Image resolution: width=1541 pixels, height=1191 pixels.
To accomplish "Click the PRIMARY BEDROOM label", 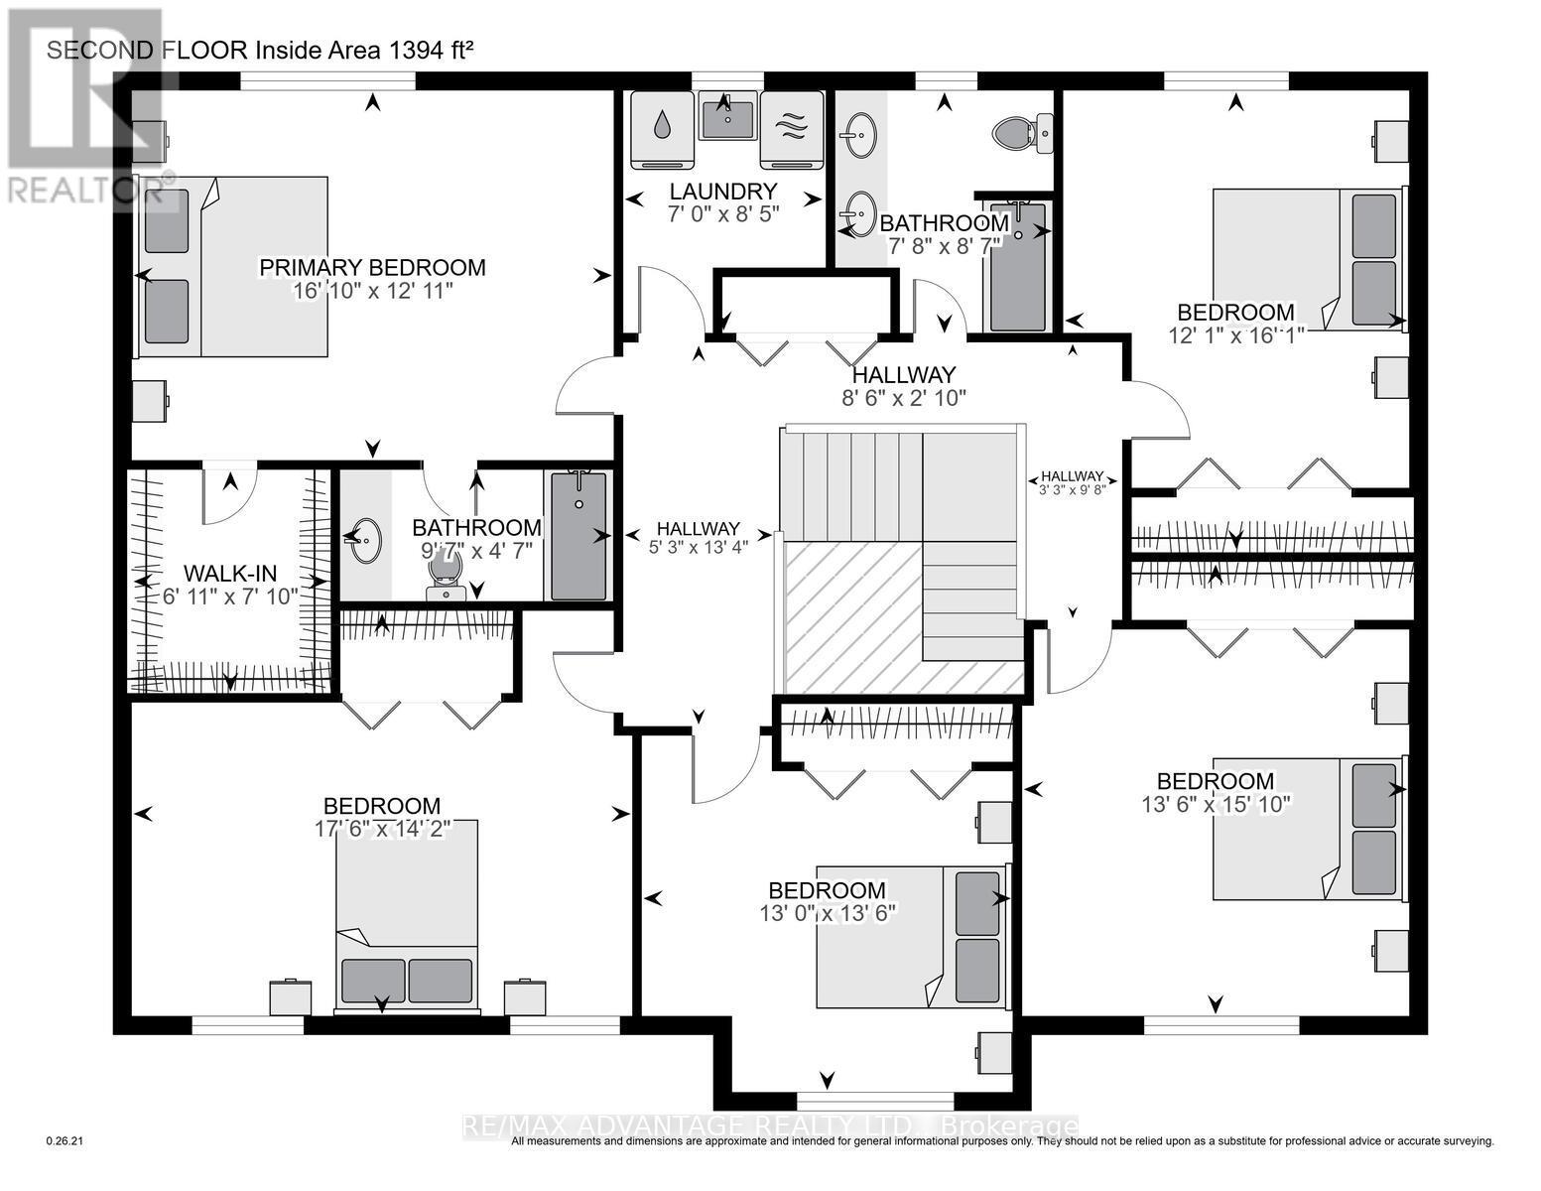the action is click(x=372, y=267).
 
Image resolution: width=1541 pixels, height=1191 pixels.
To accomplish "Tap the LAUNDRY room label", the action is click(x=723, y=191).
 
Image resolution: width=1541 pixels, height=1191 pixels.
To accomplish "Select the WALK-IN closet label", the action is click(x=230, y=573).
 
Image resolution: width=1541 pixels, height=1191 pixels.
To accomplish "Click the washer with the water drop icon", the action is click(x=662, y=130).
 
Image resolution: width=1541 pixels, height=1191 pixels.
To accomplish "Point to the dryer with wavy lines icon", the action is click(x=792, y=130).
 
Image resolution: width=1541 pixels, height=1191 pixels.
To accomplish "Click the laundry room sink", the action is click(x=727, y=119).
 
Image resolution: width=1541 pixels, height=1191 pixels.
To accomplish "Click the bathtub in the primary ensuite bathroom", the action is click(x=578, y=536).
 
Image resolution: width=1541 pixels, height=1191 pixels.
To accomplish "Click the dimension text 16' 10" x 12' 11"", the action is click(x=373, y=291).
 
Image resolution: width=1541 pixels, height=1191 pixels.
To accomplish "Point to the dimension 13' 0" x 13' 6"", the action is click(x=828, y=913).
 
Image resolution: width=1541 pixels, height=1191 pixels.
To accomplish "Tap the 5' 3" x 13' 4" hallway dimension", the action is click(x=699, y=547).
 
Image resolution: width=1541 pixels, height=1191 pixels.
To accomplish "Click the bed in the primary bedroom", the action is click(x=232, y=267).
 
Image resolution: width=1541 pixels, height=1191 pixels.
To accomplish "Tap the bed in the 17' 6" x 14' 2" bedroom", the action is click(x=407, y=915).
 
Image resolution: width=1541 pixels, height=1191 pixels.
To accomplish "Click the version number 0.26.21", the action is click(x=65, y=1141).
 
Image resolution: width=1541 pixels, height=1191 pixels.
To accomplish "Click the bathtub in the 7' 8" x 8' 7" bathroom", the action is click(x=1018, y=267).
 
